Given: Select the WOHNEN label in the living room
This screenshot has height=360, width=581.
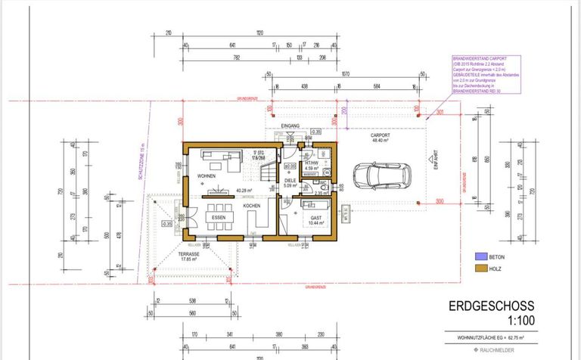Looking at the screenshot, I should (207, 175).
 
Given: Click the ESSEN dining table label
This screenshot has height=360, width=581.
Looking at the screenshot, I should (219, 217).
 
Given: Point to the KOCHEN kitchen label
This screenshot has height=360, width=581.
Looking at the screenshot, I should (252, 206).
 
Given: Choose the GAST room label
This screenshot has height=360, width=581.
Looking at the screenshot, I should (315, 217).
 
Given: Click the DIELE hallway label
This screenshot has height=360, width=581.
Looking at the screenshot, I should (289, 180).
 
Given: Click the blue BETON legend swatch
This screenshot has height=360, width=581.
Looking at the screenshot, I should (479, 256).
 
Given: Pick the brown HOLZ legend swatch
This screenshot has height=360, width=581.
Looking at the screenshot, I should (479, 268).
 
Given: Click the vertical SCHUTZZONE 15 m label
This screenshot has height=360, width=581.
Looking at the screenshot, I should (141, 163).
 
